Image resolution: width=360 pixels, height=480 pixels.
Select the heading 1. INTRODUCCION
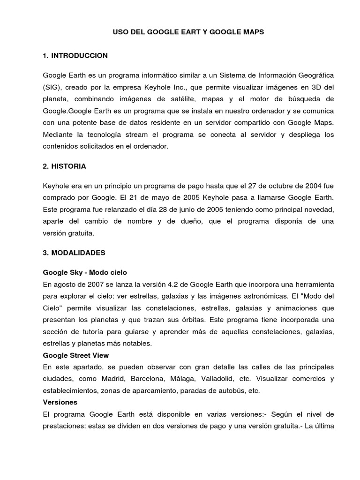pyautogui.click(x=75, y=56)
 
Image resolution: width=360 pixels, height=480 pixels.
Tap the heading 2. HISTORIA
pyautogui.click(x=64, y=166)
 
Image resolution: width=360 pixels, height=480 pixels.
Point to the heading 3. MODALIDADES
pyautogui.click(x=74, y=253)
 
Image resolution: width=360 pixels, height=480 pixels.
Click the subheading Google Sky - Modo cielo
pyautogui.click(x=85, y=272)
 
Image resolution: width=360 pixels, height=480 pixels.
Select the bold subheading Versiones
pyautogui.click(x=60, y=402)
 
